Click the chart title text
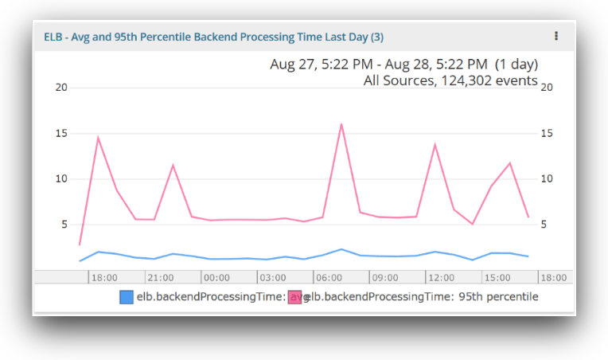point(212,37)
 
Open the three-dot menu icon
point(556,36)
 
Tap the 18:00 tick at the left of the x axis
point(104,278)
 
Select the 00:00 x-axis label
point(216,278)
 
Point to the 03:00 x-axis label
point(273,278)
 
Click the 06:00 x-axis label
point(329,278)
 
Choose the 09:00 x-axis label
point(385,278)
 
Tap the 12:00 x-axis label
point(441,278)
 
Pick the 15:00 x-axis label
point(497,278)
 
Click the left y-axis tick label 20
point(60,87)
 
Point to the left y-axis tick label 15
point(60,133)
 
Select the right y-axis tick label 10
point(547,178)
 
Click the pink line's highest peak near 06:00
point(341,124)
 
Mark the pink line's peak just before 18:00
point(98,138)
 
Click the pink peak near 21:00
point(173,165)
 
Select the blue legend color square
point(127,297)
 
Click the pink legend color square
point(295,297)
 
